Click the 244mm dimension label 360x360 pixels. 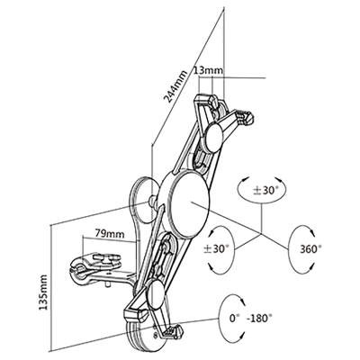[175, 86]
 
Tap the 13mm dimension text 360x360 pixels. [209, 70]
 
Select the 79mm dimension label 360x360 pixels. [110, 233]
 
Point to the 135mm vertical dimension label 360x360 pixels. [43, 292]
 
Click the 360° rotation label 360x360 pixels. [310, 248]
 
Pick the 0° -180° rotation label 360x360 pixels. [251, 318]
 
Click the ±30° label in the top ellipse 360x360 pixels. [265, 191]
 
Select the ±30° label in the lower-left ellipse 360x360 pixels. [216, 248]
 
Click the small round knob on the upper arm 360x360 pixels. [214, 137]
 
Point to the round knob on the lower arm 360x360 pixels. [156, 295]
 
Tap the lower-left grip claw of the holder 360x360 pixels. [133, 313]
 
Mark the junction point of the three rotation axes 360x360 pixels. [261, 233]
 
